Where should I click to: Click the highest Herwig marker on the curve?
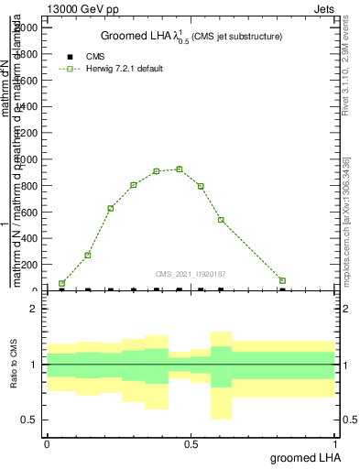pyautogui.click(x=180, y=169)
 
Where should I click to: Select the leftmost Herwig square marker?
pyautogui.click(x=61, y=284)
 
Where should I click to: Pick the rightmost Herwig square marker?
pyautogui.click(x=282, y=280)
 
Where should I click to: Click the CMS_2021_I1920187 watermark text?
pyautogui.click(x=191, y=274)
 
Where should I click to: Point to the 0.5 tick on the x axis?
pyautogui.click(x=191, y=444)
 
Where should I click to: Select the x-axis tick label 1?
pyautogui.click(x=335, y=444)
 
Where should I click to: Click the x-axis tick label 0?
pyautogui.click(x=47, y=444)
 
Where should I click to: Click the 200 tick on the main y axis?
pyautogui.click(x=27, y=265)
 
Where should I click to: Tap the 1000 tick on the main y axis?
pyautogui.click(x=25, y=159)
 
